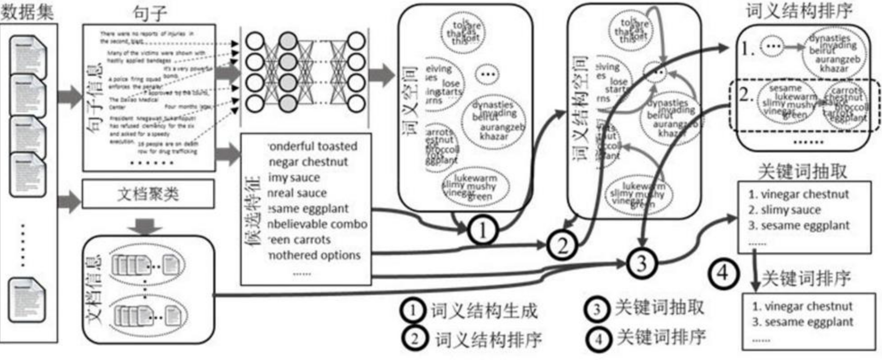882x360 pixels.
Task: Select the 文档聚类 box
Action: pos(148,194)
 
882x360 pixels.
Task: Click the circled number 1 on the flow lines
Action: pos(482,231)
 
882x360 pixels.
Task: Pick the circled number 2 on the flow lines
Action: pos(562,246)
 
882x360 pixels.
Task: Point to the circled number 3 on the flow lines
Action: pos(642,263)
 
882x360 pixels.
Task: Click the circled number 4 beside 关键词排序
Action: pos(723,272)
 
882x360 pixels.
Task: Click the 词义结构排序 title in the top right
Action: pos(799,11)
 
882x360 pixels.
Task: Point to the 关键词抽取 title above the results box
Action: pos(803,171)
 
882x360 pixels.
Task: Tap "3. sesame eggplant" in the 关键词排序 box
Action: pos(803,322)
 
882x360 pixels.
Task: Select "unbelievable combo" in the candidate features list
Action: pos(317,224)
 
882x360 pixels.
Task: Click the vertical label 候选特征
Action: pos(253,211)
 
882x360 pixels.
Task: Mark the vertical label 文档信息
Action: pos(95,290)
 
